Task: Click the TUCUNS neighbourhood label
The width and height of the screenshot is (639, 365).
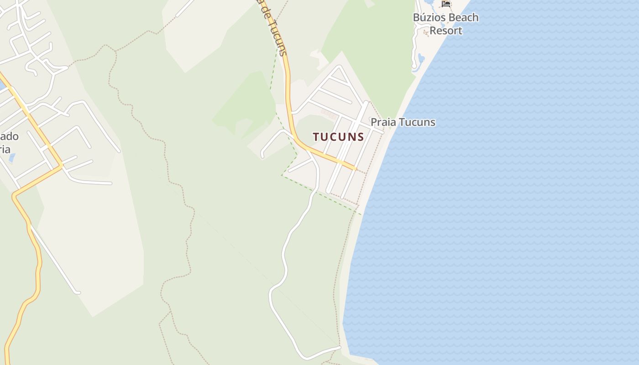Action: click(x=338, y=136)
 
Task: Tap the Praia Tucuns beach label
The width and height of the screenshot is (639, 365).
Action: click(x=403, y=122)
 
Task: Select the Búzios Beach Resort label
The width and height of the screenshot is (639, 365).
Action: click(x=445, y=24)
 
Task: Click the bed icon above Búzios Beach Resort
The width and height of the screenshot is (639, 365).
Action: click(x=446, y=4)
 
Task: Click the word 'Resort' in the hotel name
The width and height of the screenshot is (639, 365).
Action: click(x=446, y=31)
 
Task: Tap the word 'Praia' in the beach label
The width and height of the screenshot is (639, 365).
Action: click(x=382, y=122)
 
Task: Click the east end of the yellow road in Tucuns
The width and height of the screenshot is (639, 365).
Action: click(x=355, y=169)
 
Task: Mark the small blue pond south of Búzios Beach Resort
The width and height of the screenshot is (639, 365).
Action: click(x=420, y=58)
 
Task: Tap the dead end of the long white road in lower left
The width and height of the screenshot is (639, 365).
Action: click(x=79, y=292)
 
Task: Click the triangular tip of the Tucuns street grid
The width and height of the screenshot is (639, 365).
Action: click(x=339, y=67)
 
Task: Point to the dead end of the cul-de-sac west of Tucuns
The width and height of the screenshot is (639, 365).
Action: click(x=262, y=156)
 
